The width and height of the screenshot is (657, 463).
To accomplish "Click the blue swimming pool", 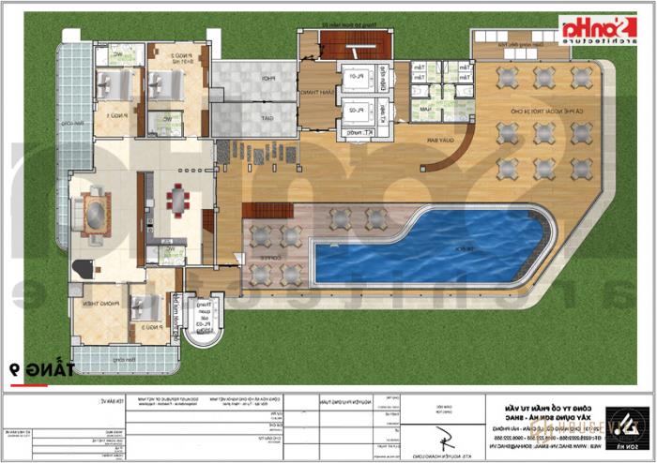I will pyautogui.click(x=422, y=246).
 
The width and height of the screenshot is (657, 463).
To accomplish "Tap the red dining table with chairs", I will pyautogui.click(x=177, y=200).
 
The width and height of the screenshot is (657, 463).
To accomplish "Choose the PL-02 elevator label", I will pyautogui.click(x=356, y=111).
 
